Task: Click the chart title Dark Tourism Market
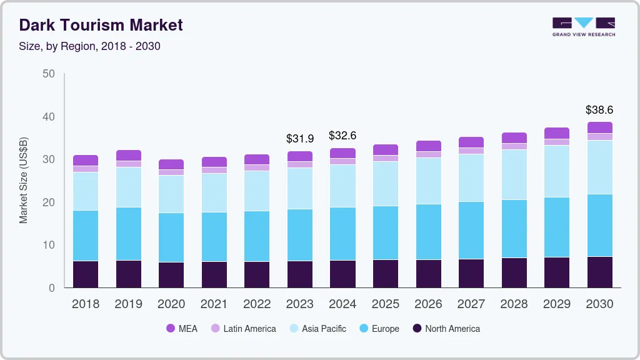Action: [x=101, y=25]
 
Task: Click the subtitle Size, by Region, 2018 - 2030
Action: [x=89, y=46]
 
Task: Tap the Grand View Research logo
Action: [x=583, y=27]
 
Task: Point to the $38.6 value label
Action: [x=599, y=110]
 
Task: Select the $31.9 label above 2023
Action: [x=299, y=139]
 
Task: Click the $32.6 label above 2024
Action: [x=342, y=136]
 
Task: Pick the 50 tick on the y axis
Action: [x=48, y=74]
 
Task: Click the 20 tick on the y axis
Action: [x=48, y=202]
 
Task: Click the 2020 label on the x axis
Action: [x=171, y=304]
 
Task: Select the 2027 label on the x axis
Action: [x=471, y=304]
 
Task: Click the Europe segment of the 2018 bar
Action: [x=86, y=236]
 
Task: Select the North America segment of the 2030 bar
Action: [x=599, y=272]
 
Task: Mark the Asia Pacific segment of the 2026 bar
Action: [x=428, y=181]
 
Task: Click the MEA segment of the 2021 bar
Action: [x=214, y=162]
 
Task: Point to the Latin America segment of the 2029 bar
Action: [x=556, y=142]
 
